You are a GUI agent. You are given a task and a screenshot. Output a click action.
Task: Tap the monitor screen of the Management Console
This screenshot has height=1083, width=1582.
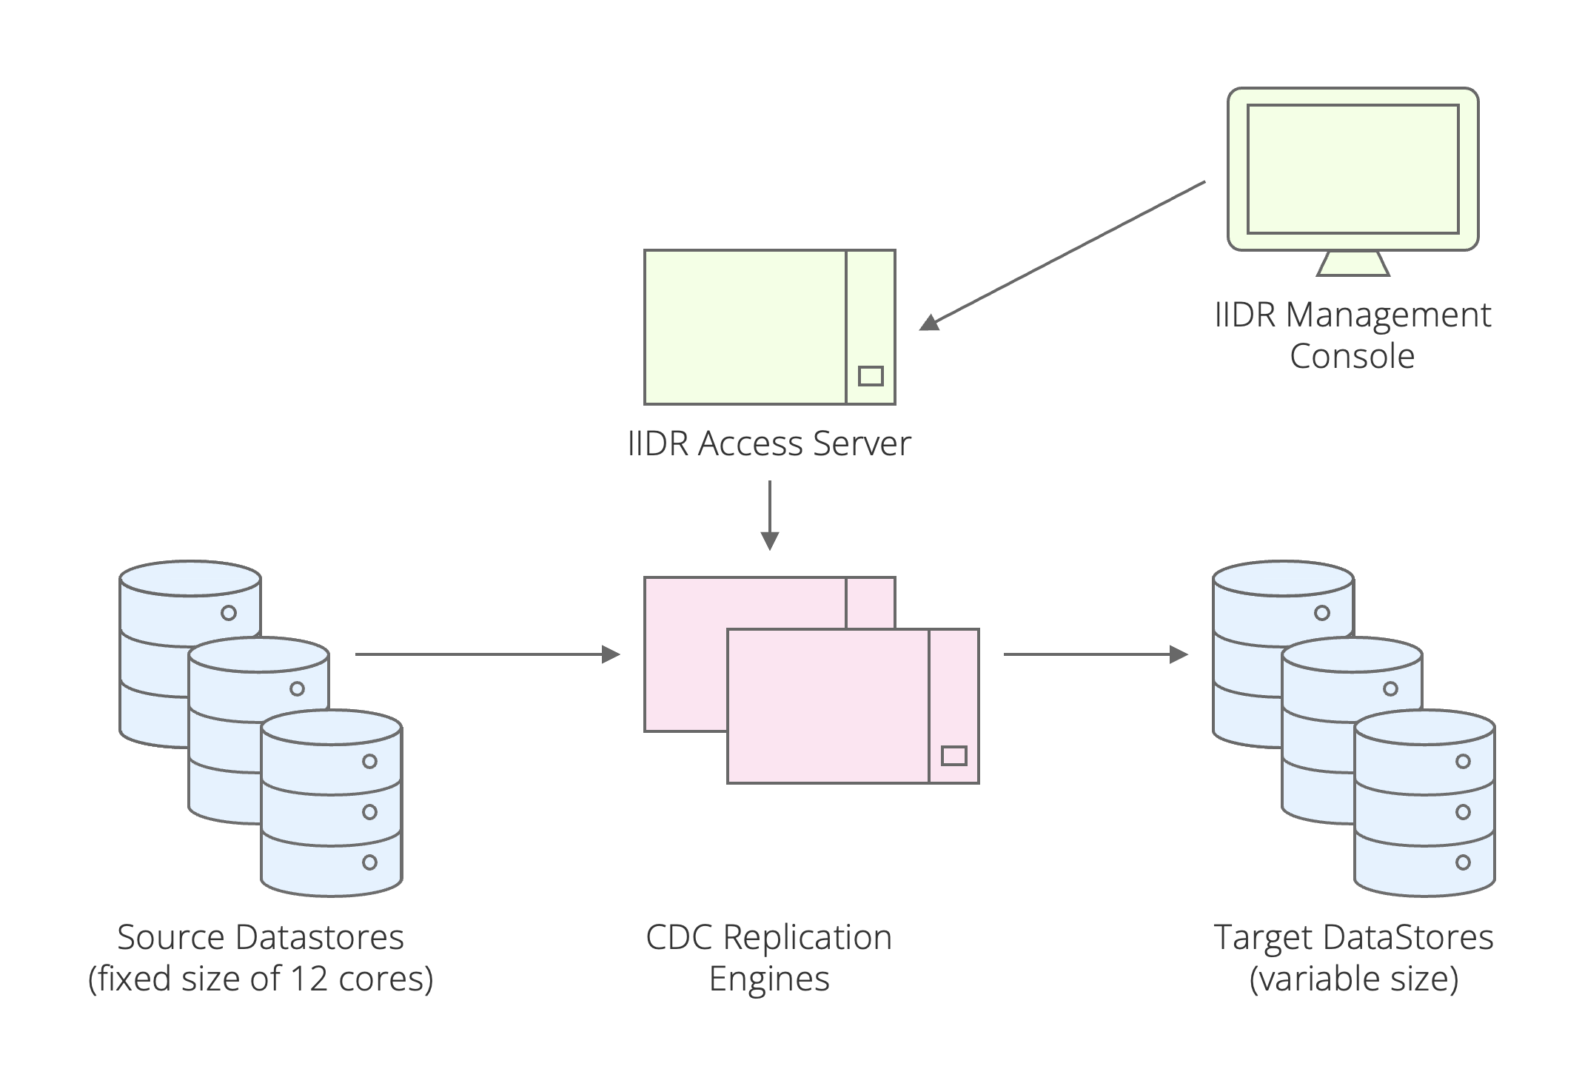pyautogui.click(x=1353, y=169)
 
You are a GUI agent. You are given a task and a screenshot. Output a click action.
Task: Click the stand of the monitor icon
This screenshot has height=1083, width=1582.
pyautogui.click(x=1353, y=264)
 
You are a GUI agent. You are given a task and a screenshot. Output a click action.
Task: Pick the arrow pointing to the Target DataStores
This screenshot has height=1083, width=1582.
pyautogui.click(x=1096, y=654)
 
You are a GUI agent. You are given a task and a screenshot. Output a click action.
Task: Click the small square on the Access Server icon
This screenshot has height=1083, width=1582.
pyautogui.click(x=871, y=376)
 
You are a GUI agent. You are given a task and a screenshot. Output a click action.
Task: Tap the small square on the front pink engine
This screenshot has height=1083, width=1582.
pyautogui.click(x=953, y=756)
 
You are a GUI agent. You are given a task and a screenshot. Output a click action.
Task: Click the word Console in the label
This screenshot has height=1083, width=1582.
pyautogui.click(x=1352, y=356)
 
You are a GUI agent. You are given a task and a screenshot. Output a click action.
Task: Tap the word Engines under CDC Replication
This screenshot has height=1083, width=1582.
pyautogui.click(x=769, y=979)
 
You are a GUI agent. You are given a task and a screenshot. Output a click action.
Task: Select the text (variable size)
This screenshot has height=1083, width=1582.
pyautogui.click(x=1353, y=979)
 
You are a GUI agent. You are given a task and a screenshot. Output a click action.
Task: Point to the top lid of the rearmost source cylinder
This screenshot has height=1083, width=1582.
pyautogui.click(x=190, y=577)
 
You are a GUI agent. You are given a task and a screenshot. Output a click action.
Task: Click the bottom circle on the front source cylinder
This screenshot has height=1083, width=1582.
pyautogui.click(x=369, y=862)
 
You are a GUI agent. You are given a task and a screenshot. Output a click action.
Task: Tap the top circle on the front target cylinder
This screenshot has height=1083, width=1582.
pyautogui.click(x=1463, y=761)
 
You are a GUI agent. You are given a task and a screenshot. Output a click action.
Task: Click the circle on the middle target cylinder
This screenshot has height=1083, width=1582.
pyautogui.click(x=1390, y=689)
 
